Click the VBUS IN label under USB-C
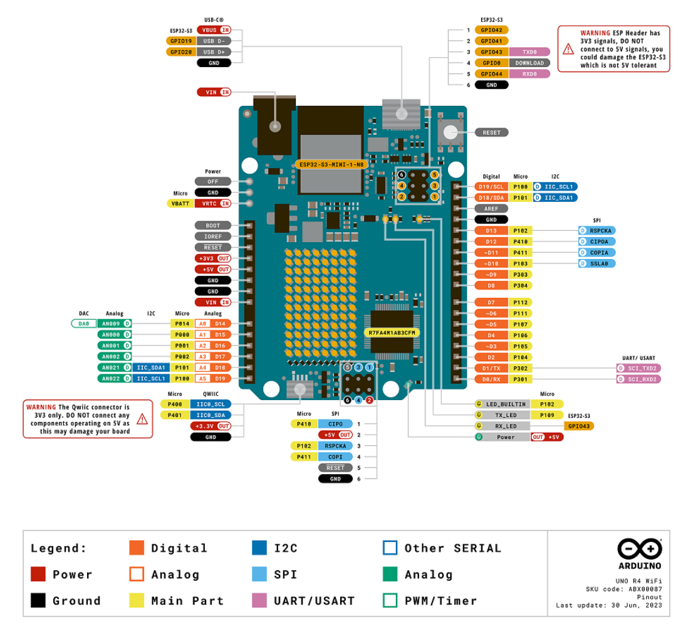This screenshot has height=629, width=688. pos(214,30)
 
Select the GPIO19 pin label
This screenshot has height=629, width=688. pos(181,41)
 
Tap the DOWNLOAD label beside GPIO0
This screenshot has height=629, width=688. pos(529,63)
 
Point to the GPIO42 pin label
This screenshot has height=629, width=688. pos(491,30)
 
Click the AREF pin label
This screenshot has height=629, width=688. pos(491,209)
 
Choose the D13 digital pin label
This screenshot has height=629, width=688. pos(491,231)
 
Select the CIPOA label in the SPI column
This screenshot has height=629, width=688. pos(597,241)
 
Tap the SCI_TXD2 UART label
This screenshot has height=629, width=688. pos(639,368)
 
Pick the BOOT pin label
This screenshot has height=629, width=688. pos(213,225)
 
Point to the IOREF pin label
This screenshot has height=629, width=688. pos(213,236)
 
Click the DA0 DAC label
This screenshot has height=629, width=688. pos(84,324)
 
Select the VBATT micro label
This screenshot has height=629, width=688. pos(180,203)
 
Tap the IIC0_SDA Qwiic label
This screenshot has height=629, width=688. pos(211,415)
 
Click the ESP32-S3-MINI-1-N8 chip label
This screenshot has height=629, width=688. pos(331,165)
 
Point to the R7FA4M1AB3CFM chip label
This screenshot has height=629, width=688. pos(392,333)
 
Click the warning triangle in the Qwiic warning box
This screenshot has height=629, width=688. pos(142,419)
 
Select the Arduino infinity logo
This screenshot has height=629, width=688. pos(640,549)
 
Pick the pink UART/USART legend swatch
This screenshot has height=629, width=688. pos(259,600)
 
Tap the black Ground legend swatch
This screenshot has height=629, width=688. pos(38,600)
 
